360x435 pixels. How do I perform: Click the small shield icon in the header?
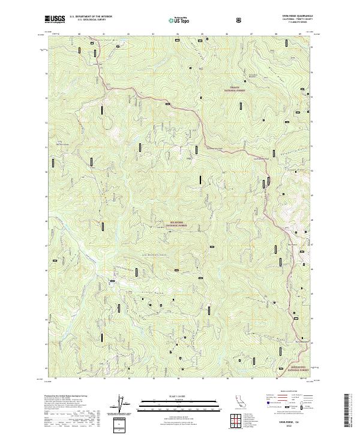239,20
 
